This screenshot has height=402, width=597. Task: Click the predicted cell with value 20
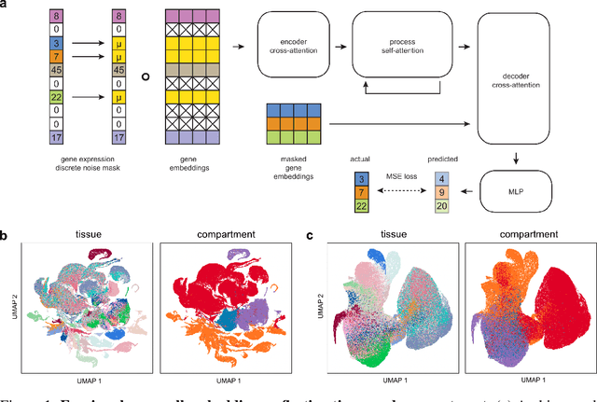(x=443, y=204)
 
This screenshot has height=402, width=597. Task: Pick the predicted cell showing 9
(x=443, y=189)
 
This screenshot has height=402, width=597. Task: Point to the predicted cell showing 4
(x=443, y=174)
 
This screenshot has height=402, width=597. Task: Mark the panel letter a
(x=5, y=6)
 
